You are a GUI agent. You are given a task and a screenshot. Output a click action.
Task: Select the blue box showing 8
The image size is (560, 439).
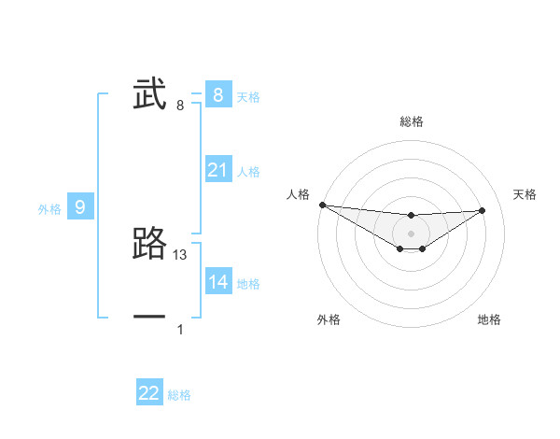coord(217,95)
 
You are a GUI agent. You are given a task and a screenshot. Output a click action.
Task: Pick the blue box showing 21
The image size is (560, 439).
coord(217,170)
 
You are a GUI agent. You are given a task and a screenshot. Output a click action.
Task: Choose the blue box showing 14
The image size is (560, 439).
coord(217,282)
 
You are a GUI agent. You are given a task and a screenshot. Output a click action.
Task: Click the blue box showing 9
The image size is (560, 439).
coord(80,207)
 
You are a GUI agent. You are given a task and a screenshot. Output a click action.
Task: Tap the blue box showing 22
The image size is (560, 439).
coord(149,393)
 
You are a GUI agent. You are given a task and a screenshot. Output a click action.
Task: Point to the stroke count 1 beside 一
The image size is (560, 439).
coord(180,330)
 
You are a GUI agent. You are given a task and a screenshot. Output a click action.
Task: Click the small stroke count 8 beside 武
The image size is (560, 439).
coord(180,106)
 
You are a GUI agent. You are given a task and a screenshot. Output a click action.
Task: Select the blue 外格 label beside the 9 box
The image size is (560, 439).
coord(49,209)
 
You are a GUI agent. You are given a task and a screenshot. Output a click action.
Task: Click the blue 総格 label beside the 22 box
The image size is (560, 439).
coord(179,395)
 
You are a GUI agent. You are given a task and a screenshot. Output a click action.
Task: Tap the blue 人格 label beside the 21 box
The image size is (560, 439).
coord(248,172)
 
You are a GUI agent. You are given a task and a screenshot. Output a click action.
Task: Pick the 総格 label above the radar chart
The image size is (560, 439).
coord(412,121)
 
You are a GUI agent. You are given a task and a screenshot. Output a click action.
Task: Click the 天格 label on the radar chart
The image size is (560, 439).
coord(525,194)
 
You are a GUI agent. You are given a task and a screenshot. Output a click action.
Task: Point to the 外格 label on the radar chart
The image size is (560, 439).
coord(329,320)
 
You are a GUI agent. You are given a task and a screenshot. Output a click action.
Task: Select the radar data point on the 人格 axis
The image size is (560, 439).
coord(322,205)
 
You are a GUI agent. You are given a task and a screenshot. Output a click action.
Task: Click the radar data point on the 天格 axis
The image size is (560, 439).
coord(482,210)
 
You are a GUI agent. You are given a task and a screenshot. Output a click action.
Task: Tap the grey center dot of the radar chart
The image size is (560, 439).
coord(412,233)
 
